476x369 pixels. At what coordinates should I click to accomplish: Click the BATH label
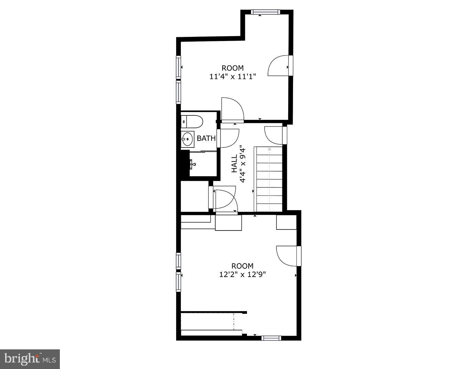(206, 139)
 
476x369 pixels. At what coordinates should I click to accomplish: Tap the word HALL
(234, 164)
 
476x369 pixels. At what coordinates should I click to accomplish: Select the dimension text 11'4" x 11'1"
(233, 76)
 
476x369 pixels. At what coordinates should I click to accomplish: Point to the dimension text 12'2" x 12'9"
(242, 275)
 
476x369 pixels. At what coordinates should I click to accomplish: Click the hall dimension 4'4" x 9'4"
(243, 164)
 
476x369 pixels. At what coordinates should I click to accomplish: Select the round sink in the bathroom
(187, 140)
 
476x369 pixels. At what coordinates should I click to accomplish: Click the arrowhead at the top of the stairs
(269, 149)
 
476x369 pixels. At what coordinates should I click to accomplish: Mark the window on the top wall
(265, 12)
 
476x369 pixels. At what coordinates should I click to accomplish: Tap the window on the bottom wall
(271, 338)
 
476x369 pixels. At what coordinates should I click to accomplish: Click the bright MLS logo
(30, 359)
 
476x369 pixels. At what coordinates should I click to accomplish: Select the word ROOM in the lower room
(242, 266)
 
